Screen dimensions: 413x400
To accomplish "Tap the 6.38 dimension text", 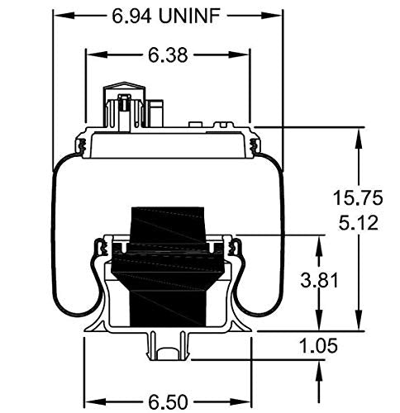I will [168, 55].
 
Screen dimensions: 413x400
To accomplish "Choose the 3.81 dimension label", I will [318, 282].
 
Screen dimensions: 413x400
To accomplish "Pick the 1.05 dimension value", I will [318, 346].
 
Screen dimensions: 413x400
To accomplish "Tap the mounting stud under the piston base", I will [166, 347].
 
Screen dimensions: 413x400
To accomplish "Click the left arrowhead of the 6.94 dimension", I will [59, 15].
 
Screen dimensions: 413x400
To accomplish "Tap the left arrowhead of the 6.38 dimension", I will [92, 55].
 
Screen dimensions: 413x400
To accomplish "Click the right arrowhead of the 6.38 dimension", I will [245, 55].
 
